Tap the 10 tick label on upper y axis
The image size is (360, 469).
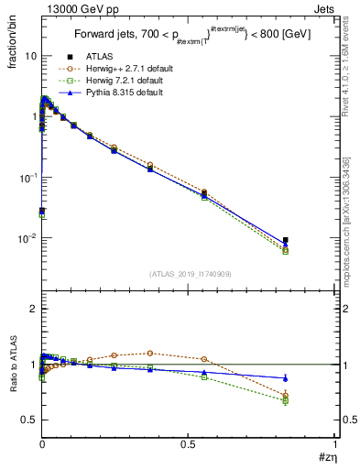click(x=30, y=56)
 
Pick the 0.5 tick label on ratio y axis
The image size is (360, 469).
click(x=30, y=420)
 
